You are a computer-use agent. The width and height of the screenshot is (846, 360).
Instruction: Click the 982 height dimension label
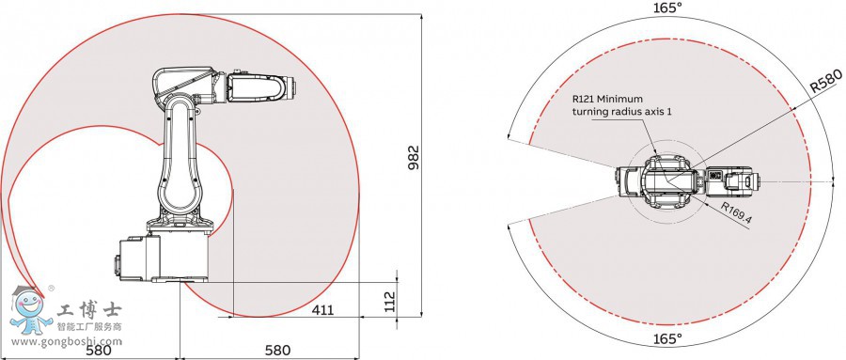(414, 158)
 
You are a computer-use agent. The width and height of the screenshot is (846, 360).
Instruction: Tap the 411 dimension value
(322, 310)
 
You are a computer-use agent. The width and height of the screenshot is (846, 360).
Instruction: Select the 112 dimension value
(389, 301)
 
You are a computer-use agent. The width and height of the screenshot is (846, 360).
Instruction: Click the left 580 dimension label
(99, 350)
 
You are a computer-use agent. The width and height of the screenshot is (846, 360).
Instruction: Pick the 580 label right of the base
(277, 350)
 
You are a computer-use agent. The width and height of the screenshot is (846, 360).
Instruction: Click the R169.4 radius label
(736, 212)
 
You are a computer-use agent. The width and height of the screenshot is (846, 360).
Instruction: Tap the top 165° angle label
(667, 8)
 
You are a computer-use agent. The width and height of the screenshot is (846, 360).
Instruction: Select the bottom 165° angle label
(667, 339)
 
